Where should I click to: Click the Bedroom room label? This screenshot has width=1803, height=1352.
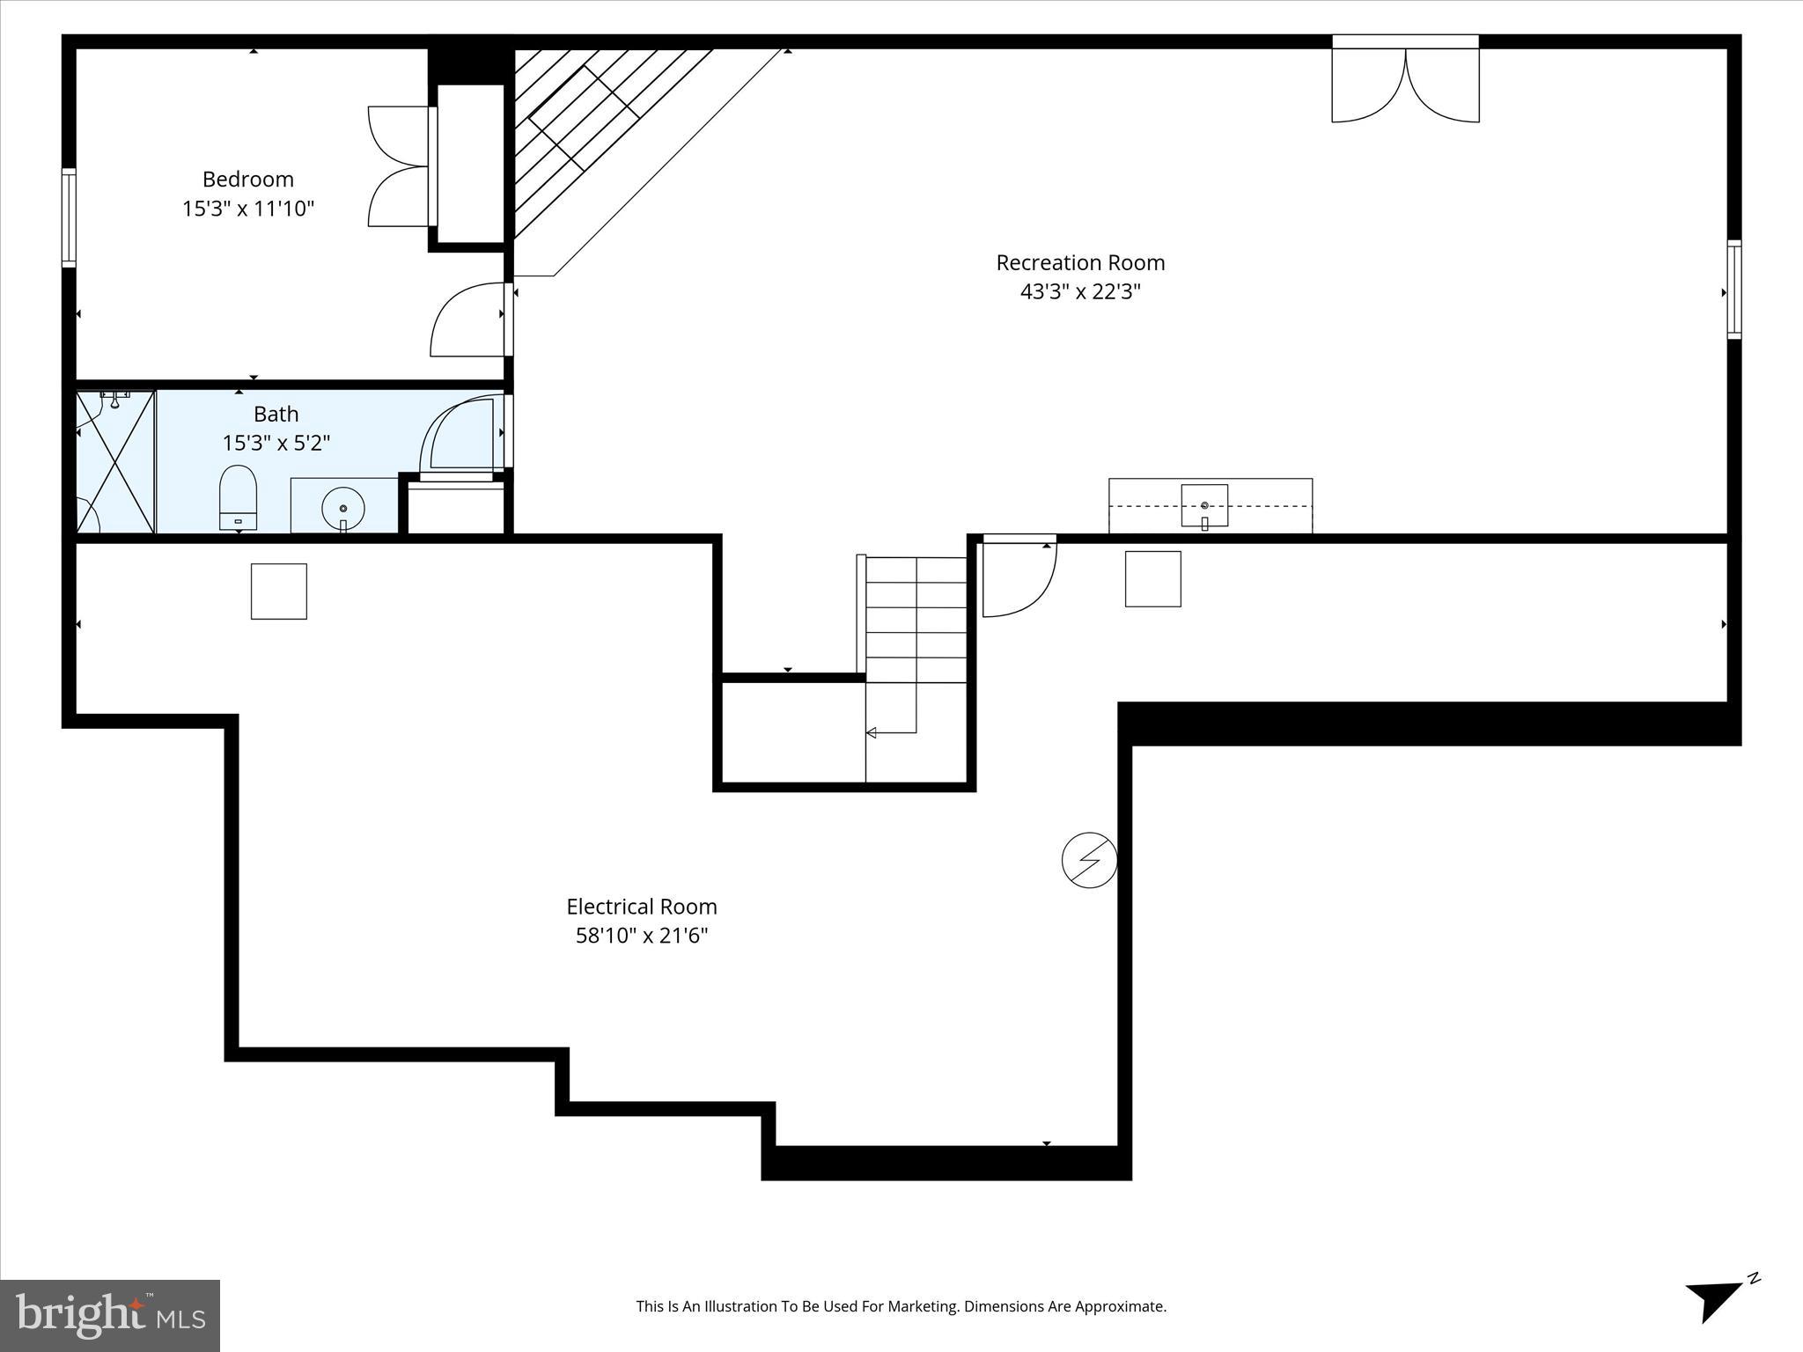point(247,180)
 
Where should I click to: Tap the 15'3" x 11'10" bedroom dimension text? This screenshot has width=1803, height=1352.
point(247,209)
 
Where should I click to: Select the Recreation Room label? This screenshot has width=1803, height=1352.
point(1080,262)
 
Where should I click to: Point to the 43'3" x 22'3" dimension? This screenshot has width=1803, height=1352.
point(1080,291)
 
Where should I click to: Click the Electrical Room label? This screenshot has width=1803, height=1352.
point(641,907)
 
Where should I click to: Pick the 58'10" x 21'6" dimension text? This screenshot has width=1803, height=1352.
point(641,936)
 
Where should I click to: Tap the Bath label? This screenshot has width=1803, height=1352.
point(276,414)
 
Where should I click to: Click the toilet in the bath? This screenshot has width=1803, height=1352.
point(238,499)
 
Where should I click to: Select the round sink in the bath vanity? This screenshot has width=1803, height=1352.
point(343,509)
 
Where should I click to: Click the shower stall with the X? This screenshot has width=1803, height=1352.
point(116,462)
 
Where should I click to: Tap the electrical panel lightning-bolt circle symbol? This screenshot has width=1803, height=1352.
point(1089,859)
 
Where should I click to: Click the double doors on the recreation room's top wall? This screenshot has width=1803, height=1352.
point(1405,84)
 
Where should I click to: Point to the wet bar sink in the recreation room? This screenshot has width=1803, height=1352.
point(1203,506)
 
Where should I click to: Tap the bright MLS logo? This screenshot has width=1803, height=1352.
point(110,1315)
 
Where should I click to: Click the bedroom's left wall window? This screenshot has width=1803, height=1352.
point(69,217)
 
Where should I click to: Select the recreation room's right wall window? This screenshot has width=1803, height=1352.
point(1733,290)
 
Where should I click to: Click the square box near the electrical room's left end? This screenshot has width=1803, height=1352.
point(279,591)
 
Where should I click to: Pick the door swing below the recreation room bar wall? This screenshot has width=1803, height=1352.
point(1019,577)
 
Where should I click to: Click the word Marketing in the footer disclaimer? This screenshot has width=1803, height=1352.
point(924,1306)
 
